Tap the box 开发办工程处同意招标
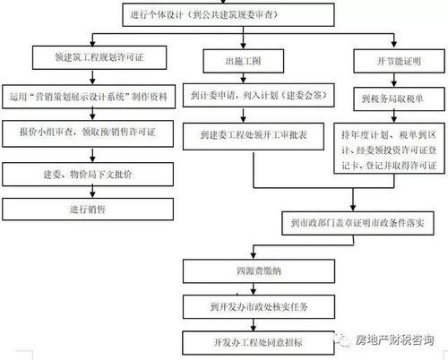[x=237, y=341]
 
